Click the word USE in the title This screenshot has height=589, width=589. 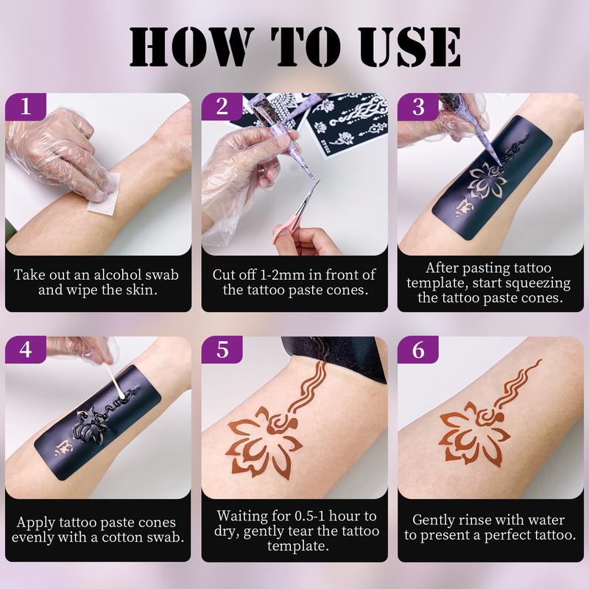pos(404,48)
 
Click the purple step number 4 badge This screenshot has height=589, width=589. pos(26,350)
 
